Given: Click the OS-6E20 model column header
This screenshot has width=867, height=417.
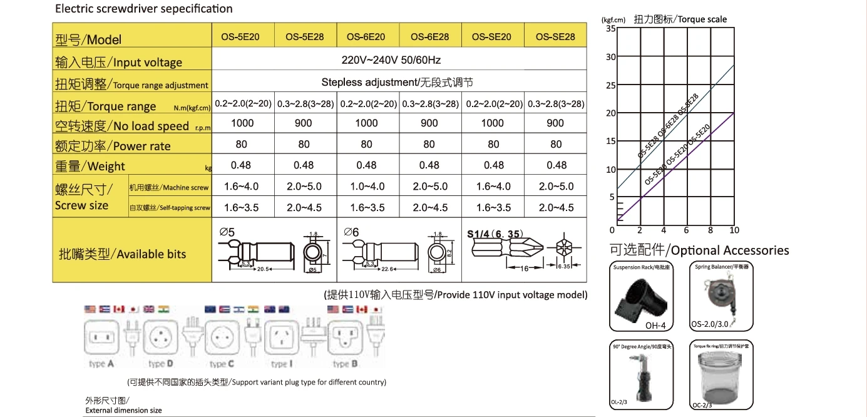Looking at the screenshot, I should [x=366, y=37].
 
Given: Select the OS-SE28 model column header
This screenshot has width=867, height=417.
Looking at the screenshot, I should [x=555, y=37].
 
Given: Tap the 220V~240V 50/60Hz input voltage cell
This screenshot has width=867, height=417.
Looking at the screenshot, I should [x=399, y=60].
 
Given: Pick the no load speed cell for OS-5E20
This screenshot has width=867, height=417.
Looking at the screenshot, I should [x=242, y=123].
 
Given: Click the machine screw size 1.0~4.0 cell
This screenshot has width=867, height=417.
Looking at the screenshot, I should [x=366, y=187].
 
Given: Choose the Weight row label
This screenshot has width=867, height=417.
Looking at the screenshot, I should [x=91, y=167].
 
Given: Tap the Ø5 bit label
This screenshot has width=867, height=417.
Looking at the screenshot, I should [x=227, y=232].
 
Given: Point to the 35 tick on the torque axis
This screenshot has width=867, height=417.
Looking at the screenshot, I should [x=611, y=28].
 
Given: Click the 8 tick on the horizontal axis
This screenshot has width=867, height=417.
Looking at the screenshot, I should [x=711, y=230].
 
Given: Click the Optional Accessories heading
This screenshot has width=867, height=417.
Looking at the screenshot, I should [x=699, y=250].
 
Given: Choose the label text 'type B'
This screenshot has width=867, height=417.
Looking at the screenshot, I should [x=341, y=364].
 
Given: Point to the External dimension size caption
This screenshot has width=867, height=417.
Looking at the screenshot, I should [x=123, y=410].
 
